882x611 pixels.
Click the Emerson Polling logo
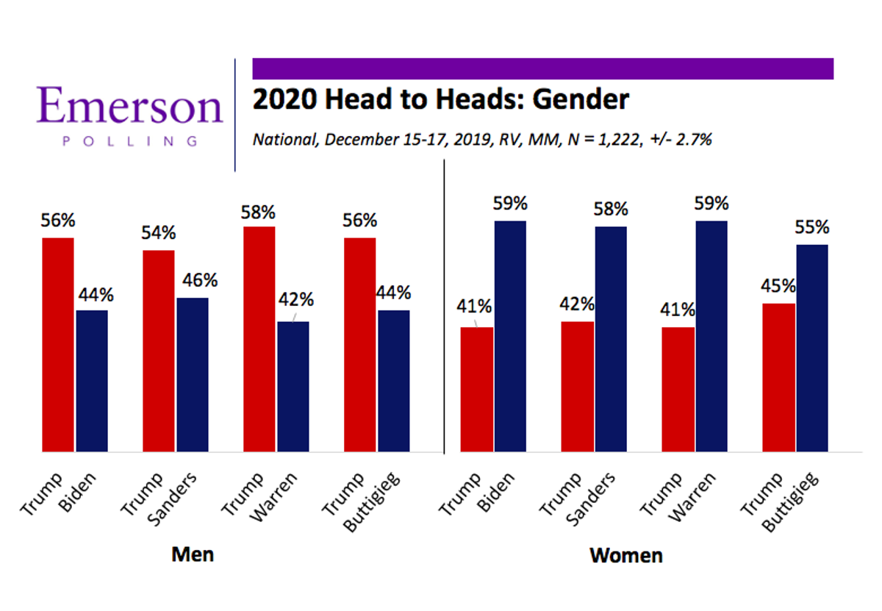[129, 115]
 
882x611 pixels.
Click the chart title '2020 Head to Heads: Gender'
[440, 99]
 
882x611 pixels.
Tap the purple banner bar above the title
[542, 68]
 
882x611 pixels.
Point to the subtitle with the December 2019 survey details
[481, 140]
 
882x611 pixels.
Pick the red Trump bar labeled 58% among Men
[259, 339]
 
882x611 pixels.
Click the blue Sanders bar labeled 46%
[193, 374]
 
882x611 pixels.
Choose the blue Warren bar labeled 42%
[293, 386]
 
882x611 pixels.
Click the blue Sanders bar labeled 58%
[611, 339]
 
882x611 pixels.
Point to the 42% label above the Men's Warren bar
[296, 300]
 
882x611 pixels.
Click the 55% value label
[811, 227]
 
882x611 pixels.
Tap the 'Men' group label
[193, 554]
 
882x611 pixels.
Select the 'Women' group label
[625, 555]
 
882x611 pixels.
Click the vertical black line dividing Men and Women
[445, 309]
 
